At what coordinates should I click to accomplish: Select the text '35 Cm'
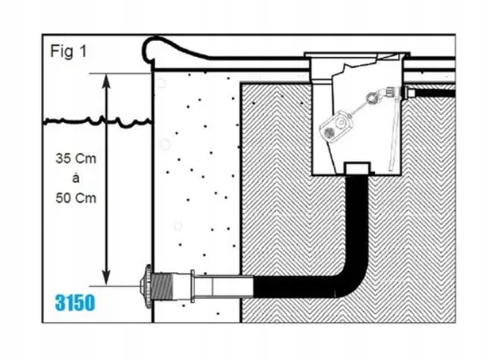(76, 159)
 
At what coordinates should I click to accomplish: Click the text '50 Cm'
(76, 198)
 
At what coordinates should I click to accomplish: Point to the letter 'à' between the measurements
(76, 178)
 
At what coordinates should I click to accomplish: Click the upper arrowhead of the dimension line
(107, 78)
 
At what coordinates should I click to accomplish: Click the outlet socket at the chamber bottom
(358, 169)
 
